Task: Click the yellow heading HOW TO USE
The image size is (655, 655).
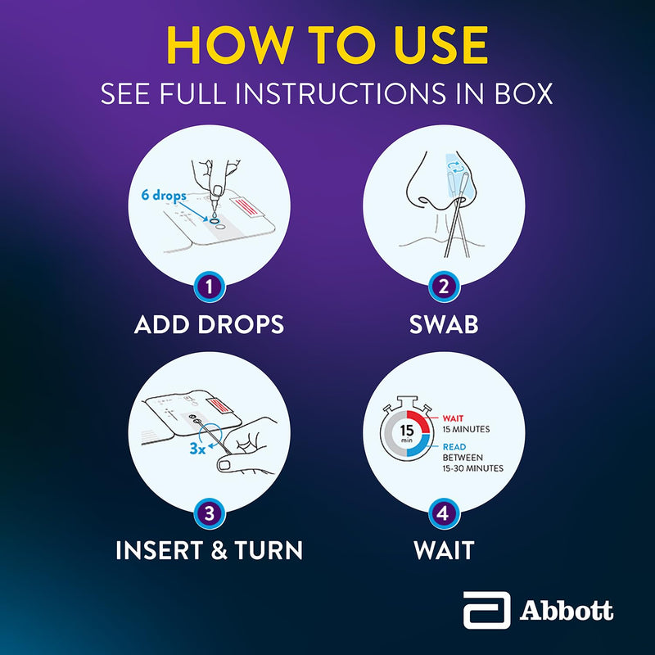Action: (327, 47)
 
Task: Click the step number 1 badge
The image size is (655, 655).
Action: (210, 287)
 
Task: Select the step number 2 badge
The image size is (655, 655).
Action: (444, 287)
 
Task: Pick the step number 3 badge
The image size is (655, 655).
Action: (210, 513)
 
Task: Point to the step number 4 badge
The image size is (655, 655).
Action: (444, 513)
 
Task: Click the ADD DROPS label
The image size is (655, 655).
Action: (210, 324)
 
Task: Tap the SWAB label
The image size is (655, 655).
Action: (444, 324)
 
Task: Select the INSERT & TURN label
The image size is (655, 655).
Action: (210, 550)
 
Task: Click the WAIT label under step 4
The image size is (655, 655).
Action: (444, 550)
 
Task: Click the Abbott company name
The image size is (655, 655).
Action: (567, 611)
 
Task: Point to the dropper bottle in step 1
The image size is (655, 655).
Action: (215, 190)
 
